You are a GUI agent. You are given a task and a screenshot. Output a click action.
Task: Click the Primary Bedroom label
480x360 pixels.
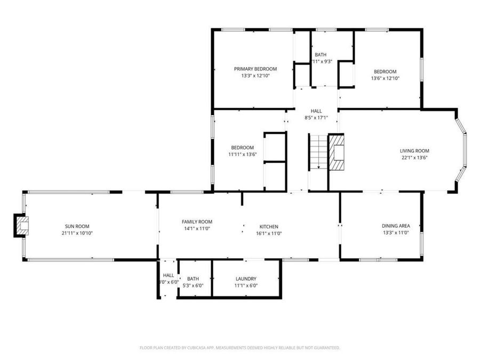[x=255, y=69]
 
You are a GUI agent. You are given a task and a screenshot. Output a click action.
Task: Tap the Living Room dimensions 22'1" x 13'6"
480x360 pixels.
[x=415, y=157]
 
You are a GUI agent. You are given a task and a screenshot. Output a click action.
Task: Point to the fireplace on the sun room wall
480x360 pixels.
[x=21, y=226]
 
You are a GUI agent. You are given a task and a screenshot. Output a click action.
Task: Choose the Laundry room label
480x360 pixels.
[x=246, y=278]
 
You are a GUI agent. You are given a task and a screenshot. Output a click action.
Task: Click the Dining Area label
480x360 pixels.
[x=396, y=226]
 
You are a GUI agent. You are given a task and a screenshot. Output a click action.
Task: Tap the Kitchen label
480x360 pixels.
[x=269, y=227]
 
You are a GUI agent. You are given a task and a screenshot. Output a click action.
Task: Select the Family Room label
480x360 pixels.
[x=197, y=222]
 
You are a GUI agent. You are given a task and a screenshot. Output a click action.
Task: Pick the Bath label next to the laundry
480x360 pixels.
[x=193, y=278]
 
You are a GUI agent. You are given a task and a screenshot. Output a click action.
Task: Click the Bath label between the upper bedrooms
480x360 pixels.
[x=321, y=54]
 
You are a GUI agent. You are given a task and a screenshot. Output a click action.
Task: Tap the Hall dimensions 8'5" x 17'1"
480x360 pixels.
[x=316, y=117]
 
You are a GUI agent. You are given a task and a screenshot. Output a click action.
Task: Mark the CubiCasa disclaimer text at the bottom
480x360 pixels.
[x=239, y=348]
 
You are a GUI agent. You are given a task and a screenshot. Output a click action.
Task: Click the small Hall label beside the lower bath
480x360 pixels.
[x=169, y=275]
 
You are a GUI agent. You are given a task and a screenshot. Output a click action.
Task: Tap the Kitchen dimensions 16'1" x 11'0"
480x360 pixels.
[x=269, y=233]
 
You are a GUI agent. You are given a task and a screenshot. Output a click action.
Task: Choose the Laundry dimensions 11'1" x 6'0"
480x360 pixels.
[x=246, y=285]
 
